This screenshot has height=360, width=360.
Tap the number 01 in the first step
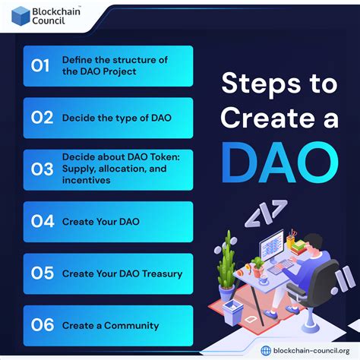[x=40, y=65]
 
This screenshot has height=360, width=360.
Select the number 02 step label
[x=41, y=118]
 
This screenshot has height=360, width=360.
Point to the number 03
[x=41, y=169]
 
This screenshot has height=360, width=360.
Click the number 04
[x=41, y=222]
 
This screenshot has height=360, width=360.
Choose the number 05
[x=41, y=273]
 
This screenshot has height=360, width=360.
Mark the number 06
[x=41, y=325]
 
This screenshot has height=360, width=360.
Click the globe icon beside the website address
[x=265, y=349]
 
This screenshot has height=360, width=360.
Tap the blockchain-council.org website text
[x=310, y=349]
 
